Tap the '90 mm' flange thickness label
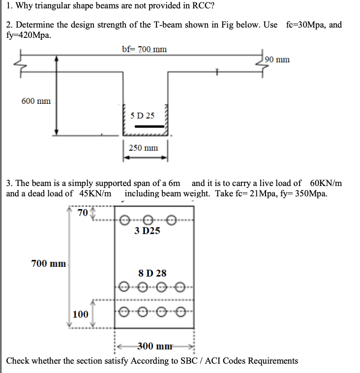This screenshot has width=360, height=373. click(276, 60)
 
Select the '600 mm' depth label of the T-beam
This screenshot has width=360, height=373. click(36, 101)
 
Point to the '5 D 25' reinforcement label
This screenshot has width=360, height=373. click(143, 116)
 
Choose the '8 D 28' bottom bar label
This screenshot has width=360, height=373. click(153, 272)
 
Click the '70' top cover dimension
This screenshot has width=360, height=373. click(83, 213)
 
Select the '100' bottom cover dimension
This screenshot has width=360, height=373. click(80, 314)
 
